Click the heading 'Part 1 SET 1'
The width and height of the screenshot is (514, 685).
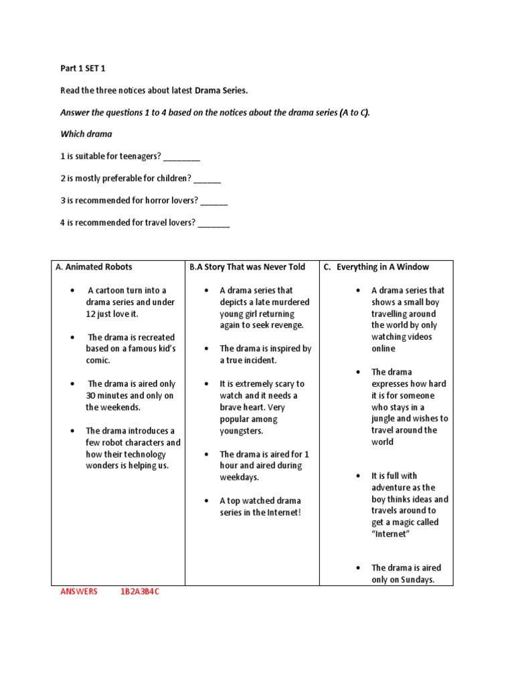pos(84,68)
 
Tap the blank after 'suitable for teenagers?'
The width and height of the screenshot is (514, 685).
pos(181,157)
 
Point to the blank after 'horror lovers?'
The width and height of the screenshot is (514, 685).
pos(214,201)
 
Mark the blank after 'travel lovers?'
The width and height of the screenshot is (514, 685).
pos(214,223)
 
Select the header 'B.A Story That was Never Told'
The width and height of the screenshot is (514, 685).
pos(247,267)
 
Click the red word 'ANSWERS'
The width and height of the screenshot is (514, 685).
pos(79,591)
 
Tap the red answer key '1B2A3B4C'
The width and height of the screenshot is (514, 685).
pos(140,591)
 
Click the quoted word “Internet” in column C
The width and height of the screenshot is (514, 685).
pos(390,534)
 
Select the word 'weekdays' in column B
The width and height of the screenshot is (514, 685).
pos(239,477)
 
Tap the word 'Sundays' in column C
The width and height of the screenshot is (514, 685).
pos(417,580)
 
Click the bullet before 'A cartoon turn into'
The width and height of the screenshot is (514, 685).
pos(72,291)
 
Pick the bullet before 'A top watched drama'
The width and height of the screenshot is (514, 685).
pos(206,501)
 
